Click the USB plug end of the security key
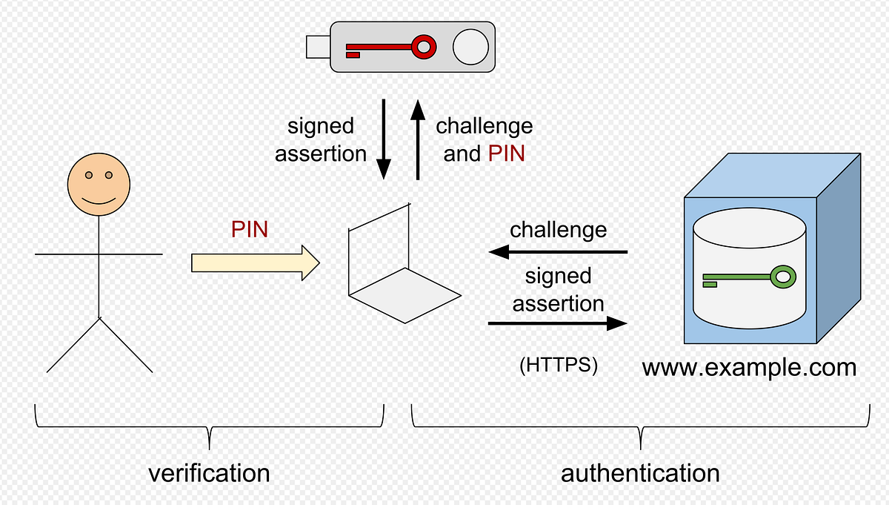318,47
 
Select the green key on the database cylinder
748,278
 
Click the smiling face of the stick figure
99,185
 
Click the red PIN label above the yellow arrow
250,230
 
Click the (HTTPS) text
558,366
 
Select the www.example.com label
749,367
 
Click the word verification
209,472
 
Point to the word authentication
640,472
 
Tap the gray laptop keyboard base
405,295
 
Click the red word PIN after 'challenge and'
507,154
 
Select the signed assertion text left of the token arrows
321,139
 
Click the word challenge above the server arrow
558,230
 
